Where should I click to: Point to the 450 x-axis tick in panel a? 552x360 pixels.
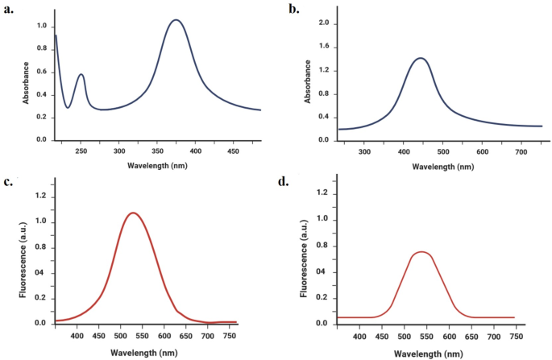(233, 151)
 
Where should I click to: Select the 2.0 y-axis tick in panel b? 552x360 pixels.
(323, 23)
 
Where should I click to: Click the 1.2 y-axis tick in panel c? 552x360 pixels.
(38, 196)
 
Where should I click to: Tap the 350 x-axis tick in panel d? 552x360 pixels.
(319, 338)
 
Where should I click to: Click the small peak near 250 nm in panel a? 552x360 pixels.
(81, 75)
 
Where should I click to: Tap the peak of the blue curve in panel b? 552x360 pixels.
(421, 58)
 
